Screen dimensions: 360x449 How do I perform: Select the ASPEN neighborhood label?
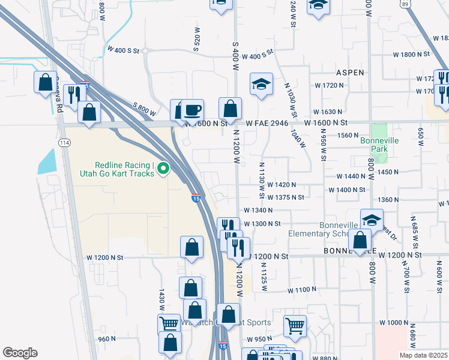(x=350, y=72)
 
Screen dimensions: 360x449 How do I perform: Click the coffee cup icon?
(x=193, y=109)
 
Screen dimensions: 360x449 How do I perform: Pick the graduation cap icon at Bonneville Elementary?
(x=372, y=220)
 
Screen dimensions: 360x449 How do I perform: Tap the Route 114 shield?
(x=64, y=142)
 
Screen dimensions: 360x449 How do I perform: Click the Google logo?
(x=20, y=353)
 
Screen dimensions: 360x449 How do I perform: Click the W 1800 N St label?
(x=411, y=55)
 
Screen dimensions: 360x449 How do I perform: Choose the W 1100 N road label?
(x=301, y=290)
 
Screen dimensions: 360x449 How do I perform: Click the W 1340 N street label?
(x=258, y=210)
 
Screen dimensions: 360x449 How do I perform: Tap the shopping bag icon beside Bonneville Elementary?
(x=360, y=239)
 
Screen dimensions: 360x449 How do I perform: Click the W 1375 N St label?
(x=286, y=197)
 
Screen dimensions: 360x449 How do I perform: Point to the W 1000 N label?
(x=394, y=323)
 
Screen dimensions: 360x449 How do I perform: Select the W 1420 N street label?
(x=282, y=185)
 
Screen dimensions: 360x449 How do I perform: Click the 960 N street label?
(x=107, y=339)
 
